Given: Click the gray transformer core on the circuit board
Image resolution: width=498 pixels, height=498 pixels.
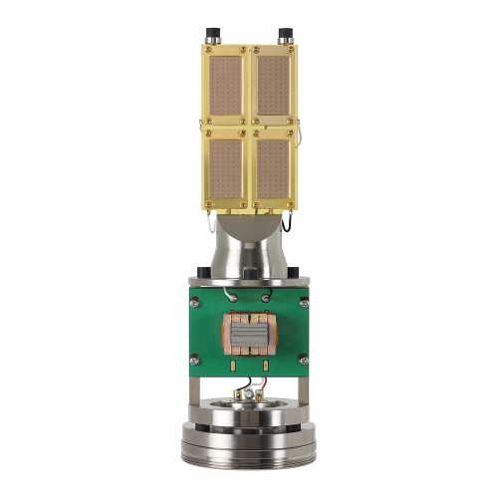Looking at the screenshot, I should click(249, 336).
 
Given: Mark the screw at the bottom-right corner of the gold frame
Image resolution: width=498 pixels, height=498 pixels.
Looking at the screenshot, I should click(291, 208).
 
